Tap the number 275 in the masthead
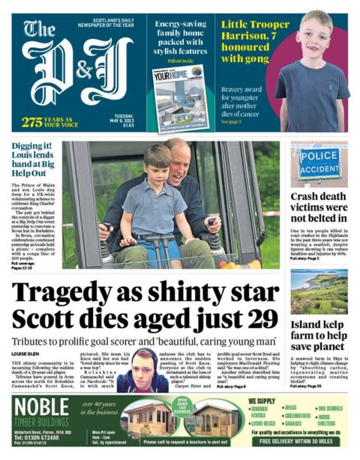coord(32,122)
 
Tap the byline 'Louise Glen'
coord(24,353)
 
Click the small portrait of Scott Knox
coord(142,369)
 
